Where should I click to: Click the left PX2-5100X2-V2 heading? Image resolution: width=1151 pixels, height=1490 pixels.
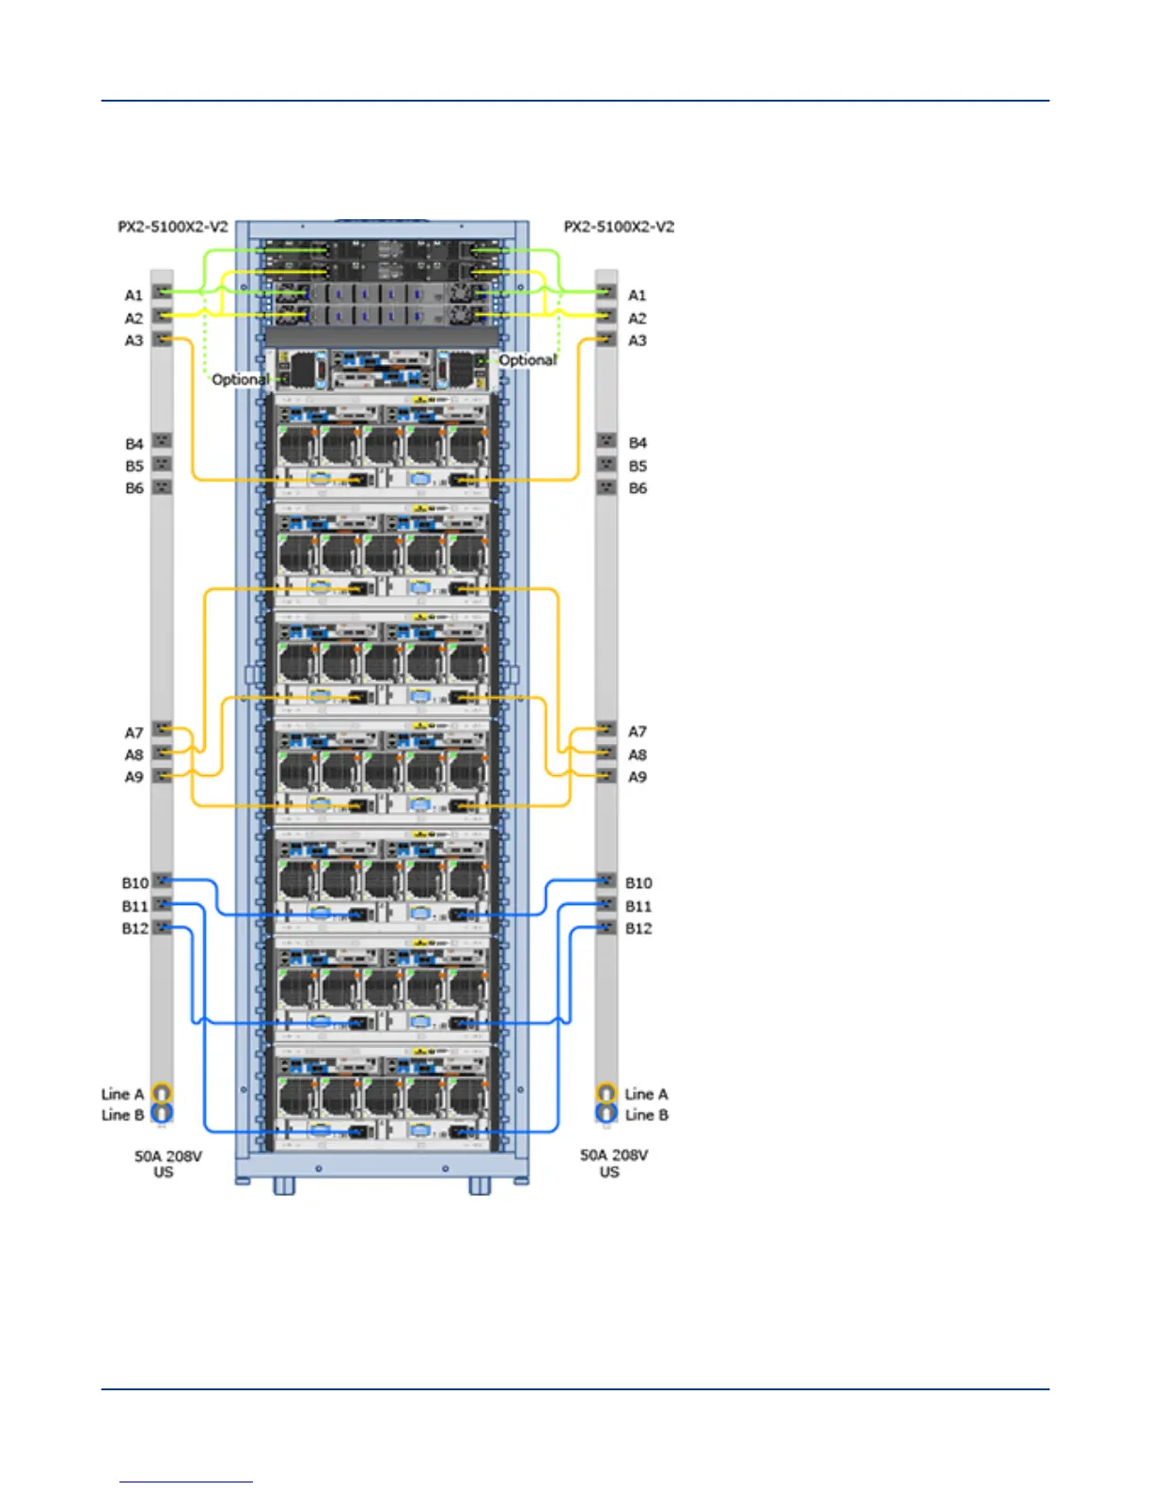(172, 227)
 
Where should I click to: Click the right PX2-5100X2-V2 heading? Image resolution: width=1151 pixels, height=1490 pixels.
(619, 227)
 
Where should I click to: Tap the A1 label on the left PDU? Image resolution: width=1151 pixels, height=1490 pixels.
(134, 295)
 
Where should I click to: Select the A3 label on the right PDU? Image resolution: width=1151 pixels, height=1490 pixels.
(638, 341)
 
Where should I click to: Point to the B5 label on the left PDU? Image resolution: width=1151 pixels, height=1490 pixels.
(134, 466)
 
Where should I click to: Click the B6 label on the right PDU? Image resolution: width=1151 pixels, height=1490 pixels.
(638, 488)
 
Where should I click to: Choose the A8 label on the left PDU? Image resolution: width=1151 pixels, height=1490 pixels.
(134, 754)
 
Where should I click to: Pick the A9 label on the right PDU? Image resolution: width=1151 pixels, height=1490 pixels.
(638, 777)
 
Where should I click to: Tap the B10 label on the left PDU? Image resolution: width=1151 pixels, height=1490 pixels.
(134, 883)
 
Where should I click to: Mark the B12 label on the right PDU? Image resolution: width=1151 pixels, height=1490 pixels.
(639, 928)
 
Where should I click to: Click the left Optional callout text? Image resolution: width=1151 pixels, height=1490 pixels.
(240, 379)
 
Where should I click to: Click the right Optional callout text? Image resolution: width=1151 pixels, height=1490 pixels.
(528, 360)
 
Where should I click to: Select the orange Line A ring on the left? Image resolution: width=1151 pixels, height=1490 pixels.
(162, 1093)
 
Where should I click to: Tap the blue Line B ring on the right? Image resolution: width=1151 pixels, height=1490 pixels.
(607, 1115)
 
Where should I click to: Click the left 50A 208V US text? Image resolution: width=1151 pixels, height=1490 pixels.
(167, 1164)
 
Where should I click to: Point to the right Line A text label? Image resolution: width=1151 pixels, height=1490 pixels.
(647, 1094)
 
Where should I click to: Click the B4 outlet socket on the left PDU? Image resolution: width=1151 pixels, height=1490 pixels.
(163, 441)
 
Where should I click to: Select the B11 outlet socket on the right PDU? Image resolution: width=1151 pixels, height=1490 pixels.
(607, 904)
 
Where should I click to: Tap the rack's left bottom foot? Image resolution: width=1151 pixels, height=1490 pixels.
(284, 1186)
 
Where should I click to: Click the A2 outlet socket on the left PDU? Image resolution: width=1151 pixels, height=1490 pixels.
(163, 317)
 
